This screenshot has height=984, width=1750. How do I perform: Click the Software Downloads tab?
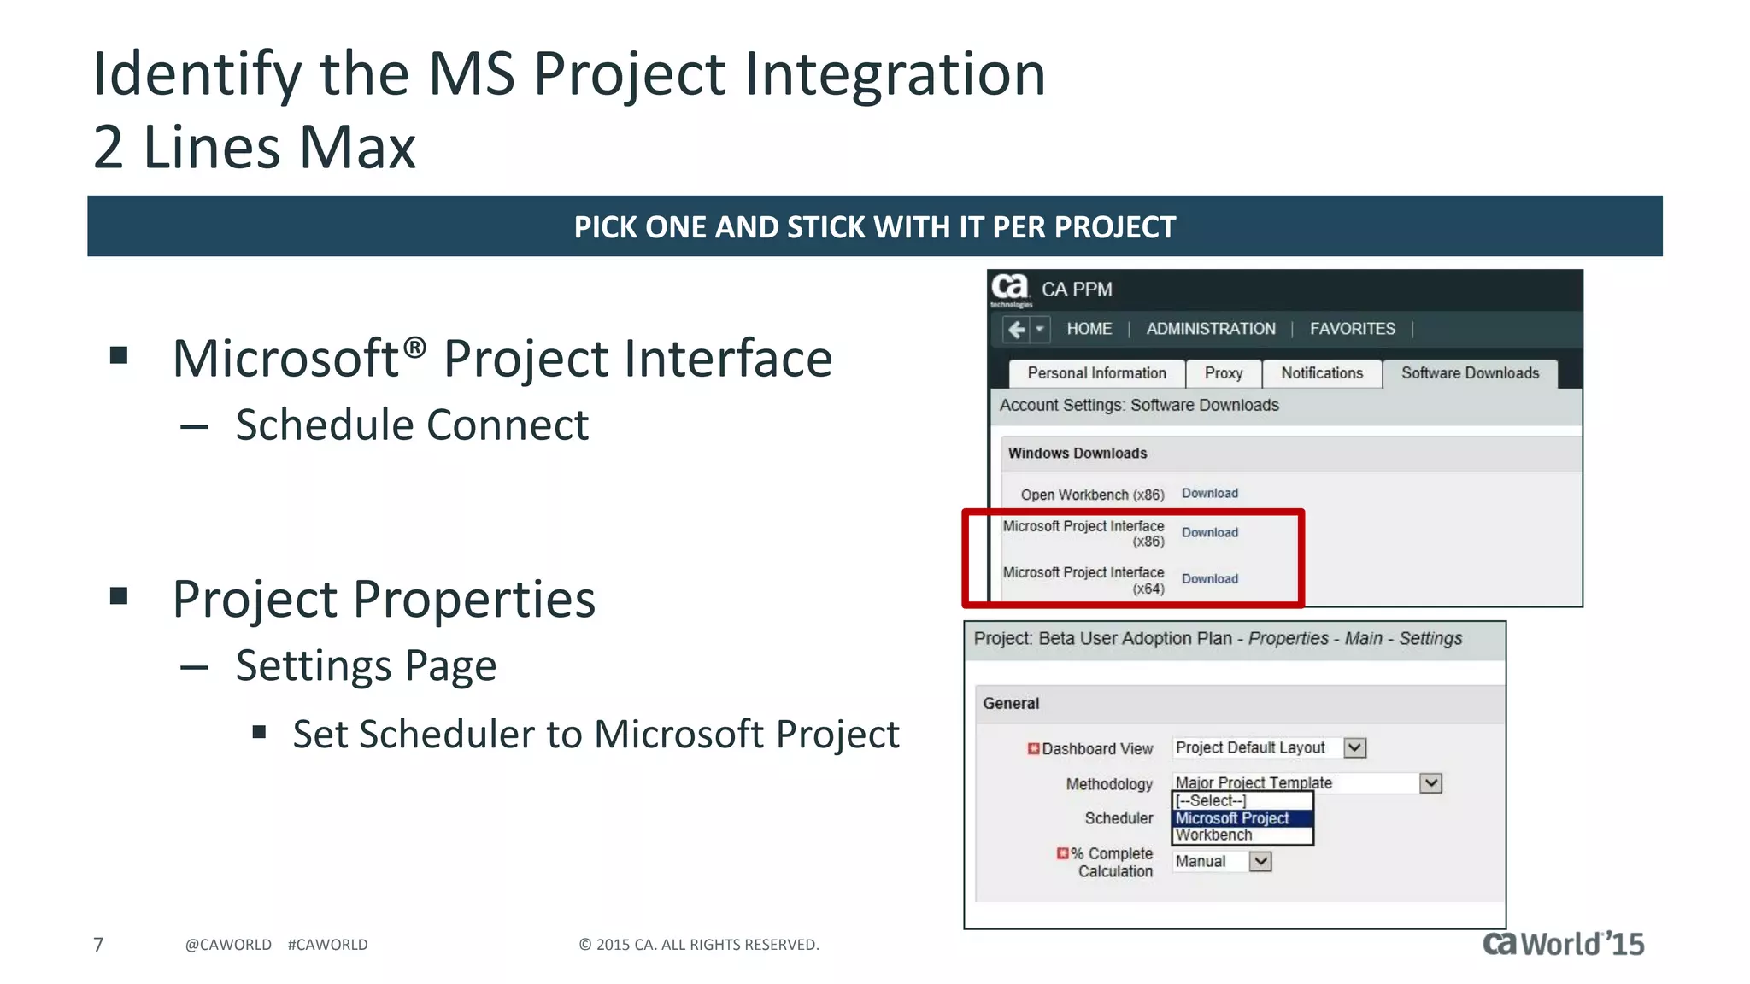[1470, 373]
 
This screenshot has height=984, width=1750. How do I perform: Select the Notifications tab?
[1321, 373]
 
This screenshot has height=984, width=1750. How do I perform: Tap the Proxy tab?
[1223, 373]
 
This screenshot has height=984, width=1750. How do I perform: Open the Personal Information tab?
[1096, 373]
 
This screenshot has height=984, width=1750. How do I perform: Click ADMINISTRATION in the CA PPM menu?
[1210, 329]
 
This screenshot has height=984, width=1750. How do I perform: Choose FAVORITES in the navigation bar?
[1352, 329]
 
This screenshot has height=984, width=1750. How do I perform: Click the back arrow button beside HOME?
[1016, 330]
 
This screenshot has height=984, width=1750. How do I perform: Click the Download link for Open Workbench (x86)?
[1209, 494]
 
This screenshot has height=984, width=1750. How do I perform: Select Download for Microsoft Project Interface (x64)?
[1209, 579]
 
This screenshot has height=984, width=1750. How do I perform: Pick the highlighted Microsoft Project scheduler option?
[1232, 818]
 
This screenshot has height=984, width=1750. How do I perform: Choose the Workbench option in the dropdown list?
[1213, 835]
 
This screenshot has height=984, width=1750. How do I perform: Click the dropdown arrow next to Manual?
[1260, 862]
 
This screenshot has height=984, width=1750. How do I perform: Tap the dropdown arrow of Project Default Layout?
[1354, 748]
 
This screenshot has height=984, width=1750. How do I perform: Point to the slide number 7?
[98, 945]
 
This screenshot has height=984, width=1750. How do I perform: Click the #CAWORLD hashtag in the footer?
[327, 945]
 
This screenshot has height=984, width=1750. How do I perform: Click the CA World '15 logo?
[1563, 944]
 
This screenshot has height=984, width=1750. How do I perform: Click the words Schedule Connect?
[412, 425]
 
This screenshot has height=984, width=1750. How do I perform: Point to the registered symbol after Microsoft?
[414, 347]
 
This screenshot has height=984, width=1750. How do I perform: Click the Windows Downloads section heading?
[1077, 454]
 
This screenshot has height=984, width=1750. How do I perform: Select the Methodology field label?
[1108, 784]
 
